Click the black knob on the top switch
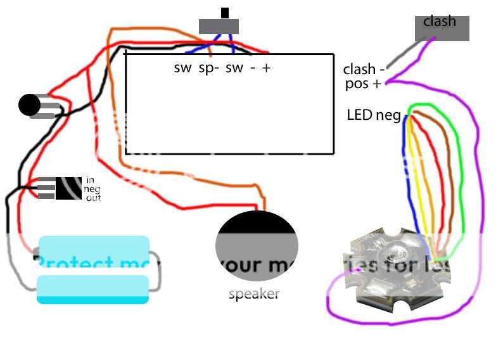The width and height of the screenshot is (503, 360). (224, 13)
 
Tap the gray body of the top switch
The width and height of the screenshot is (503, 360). (219, 27)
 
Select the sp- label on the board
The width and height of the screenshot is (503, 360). (208, 68)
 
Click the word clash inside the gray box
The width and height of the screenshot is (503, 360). (440, 22)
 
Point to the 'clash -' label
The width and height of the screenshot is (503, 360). (364, 70)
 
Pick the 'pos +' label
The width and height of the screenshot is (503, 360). (363, 84)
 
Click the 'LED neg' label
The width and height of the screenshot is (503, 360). (373, 115)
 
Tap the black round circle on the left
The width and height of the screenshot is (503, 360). (29, 105)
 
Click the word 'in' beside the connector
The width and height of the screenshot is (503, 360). (89, 181)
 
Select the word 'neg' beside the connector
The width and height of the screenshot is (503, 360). (92, 190)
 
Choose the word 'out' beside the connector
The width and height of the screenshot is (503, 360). (92, 198)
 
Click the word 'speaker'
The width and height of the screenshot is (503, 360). (253, 294)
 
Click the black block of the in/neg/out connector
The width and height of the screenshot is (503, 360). (68, 188)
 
